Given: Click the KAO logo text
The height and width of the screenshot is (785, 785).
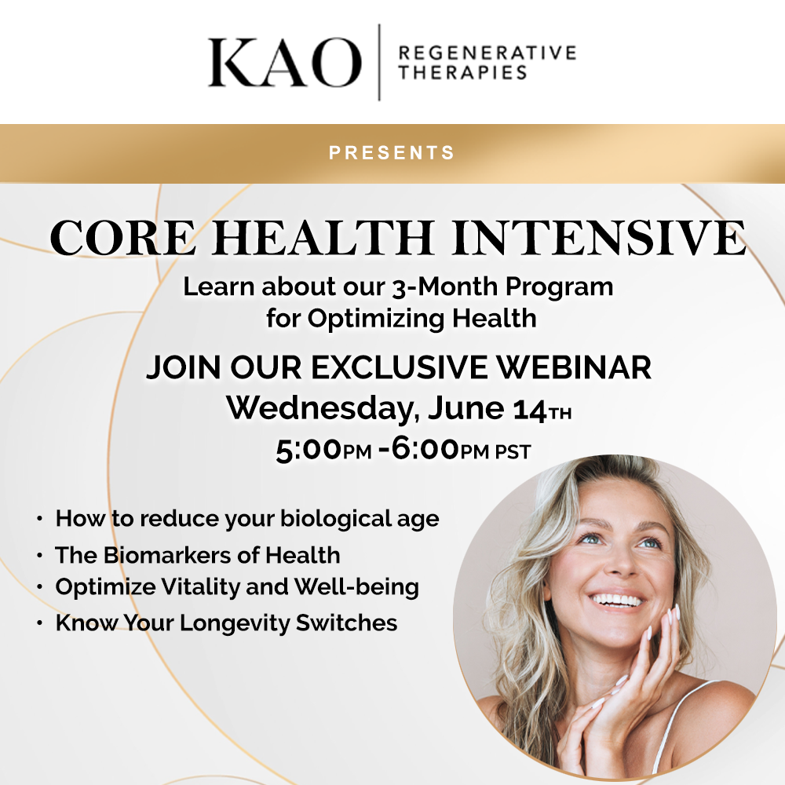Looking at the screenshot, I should [284, 63].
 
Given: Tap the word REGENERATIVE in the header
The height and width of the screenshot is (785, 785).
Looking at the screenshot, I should [487, 53].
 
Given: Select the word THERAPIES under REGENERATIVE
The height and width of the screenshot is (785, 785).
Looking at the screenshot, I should [462, 73].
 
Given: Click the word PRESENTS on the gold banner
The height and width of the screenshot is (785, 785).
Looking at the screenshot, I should [392, 152].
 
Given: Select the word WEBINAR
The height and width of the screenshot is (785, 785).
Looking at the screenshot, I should [572, 367].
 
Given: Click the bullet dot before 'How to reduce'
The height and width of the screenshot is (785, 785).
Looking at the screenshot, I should [39, 520].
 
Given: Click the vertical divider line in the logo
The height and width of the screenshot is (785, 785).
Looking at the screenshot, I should [380, 62].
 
